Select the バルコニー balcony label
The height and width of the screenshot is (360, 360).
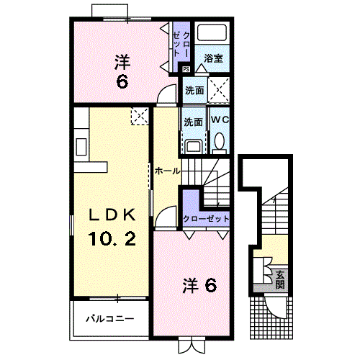(x=109, y=318)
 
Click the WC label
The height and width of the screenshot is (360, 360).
(x=219, y=120)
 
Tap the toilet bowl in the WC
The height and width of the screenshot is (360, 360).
(x=220, y=140)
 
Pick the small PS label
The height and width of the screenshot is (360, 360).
(x=186, y=69)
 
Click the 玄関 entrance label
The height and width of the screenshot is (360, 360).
(x=280, y=279)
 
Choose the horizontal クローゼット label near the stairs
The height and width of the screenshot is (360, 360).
(x=207, y=217)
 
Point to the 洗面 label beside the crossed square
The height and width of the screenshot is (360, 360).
(x=193, y=91)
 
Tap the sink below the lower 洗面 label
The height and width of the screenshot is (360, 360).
(x=192, y=145)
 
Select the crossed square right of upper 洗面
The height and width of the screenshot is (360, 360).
(x=219, y=91)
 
